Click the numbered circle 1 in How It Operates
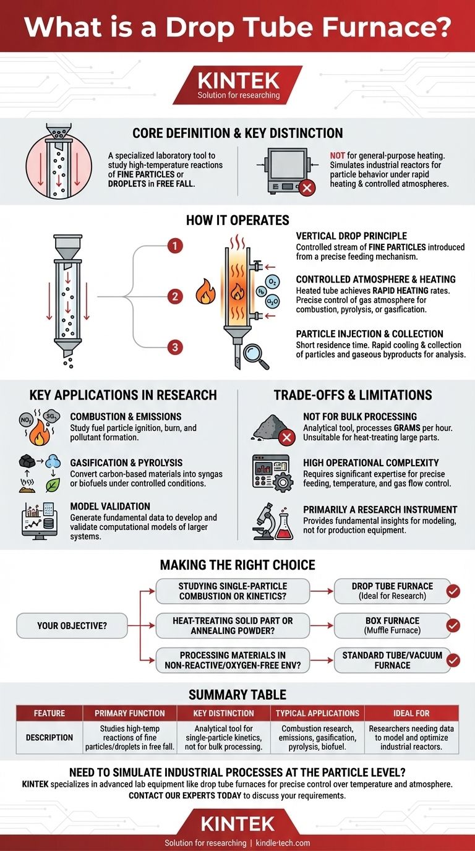[175, 246]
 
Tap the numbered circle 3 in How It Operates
[175, 347]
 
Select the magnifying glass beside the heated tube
[255, 356]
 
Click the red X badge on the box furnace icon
[307, 187]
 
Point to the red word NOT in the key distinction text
[338, 155]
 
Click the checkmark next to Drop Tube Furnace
[453, 591]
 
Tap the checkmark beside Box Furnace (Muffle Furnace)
[453, 625]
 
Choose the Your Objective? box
[72, 625]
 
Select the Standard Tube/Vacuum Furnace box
[392, 661]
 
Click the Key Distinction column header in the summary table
[223, 713]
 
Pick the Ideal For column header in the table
[411, 713]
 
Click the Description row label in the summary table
[49, 737]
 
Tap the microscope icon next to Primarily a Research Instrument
[264, 521]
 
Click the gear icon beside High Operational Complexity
[282, 482]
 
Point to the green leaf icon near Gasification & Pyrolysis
[53, 485]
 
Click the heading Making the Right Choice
[237, 565]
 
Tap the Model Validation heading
[110, 506]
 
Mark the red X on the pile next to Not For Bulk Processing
[287, 437]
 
